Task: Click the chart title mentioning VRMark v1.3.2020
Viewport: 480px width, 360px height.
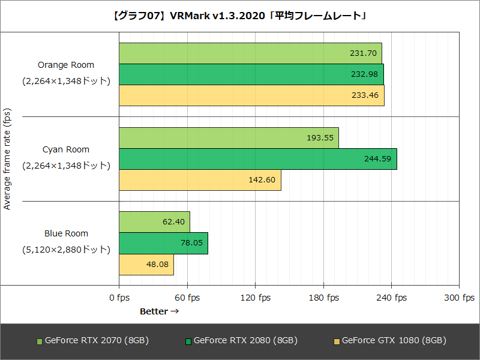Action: coord(240,16)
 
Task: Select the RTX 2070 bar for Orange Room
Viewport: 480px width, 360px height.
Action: coord(250,53)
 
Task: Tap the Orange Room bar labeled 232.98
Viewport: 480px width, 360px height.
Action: coord(251,74)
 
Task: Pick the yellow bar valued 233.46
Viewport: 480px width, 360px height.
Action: coord(251,95)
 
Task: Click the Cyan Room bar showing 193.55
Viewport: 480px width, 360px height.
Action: coord(229,137)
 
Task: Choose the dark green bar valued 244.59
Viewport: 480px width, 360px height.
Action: coord(257,158)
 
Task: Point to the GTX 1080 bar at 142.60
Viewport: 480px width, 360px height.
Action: coord(200,180)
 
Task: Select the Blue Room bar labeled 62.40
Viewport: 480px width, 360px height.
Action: coord(154,221)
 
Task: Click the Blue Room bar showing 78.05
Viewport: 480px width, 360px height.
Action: coord(163,243)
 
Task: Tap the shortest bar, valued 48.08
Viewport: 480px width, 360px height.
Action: coord(146,264)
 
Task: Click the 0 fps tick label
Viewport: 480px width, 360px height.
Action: coord(119,298)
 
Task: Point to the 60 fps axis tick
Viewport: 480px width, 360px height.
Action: coord(187,298)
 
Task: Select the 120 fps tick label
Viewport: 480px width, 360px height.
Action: coord(255,298)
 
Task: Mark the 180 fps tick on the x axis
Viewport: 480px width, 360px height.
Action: coord(323,298)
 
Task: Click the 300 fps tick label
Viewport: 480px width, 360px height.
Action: coord(460,298)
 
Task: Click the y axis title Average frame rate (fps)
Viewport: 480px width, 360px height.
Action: coord(7,159)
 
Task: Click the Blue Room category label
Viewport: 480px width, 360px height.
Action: coord(66,233)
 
